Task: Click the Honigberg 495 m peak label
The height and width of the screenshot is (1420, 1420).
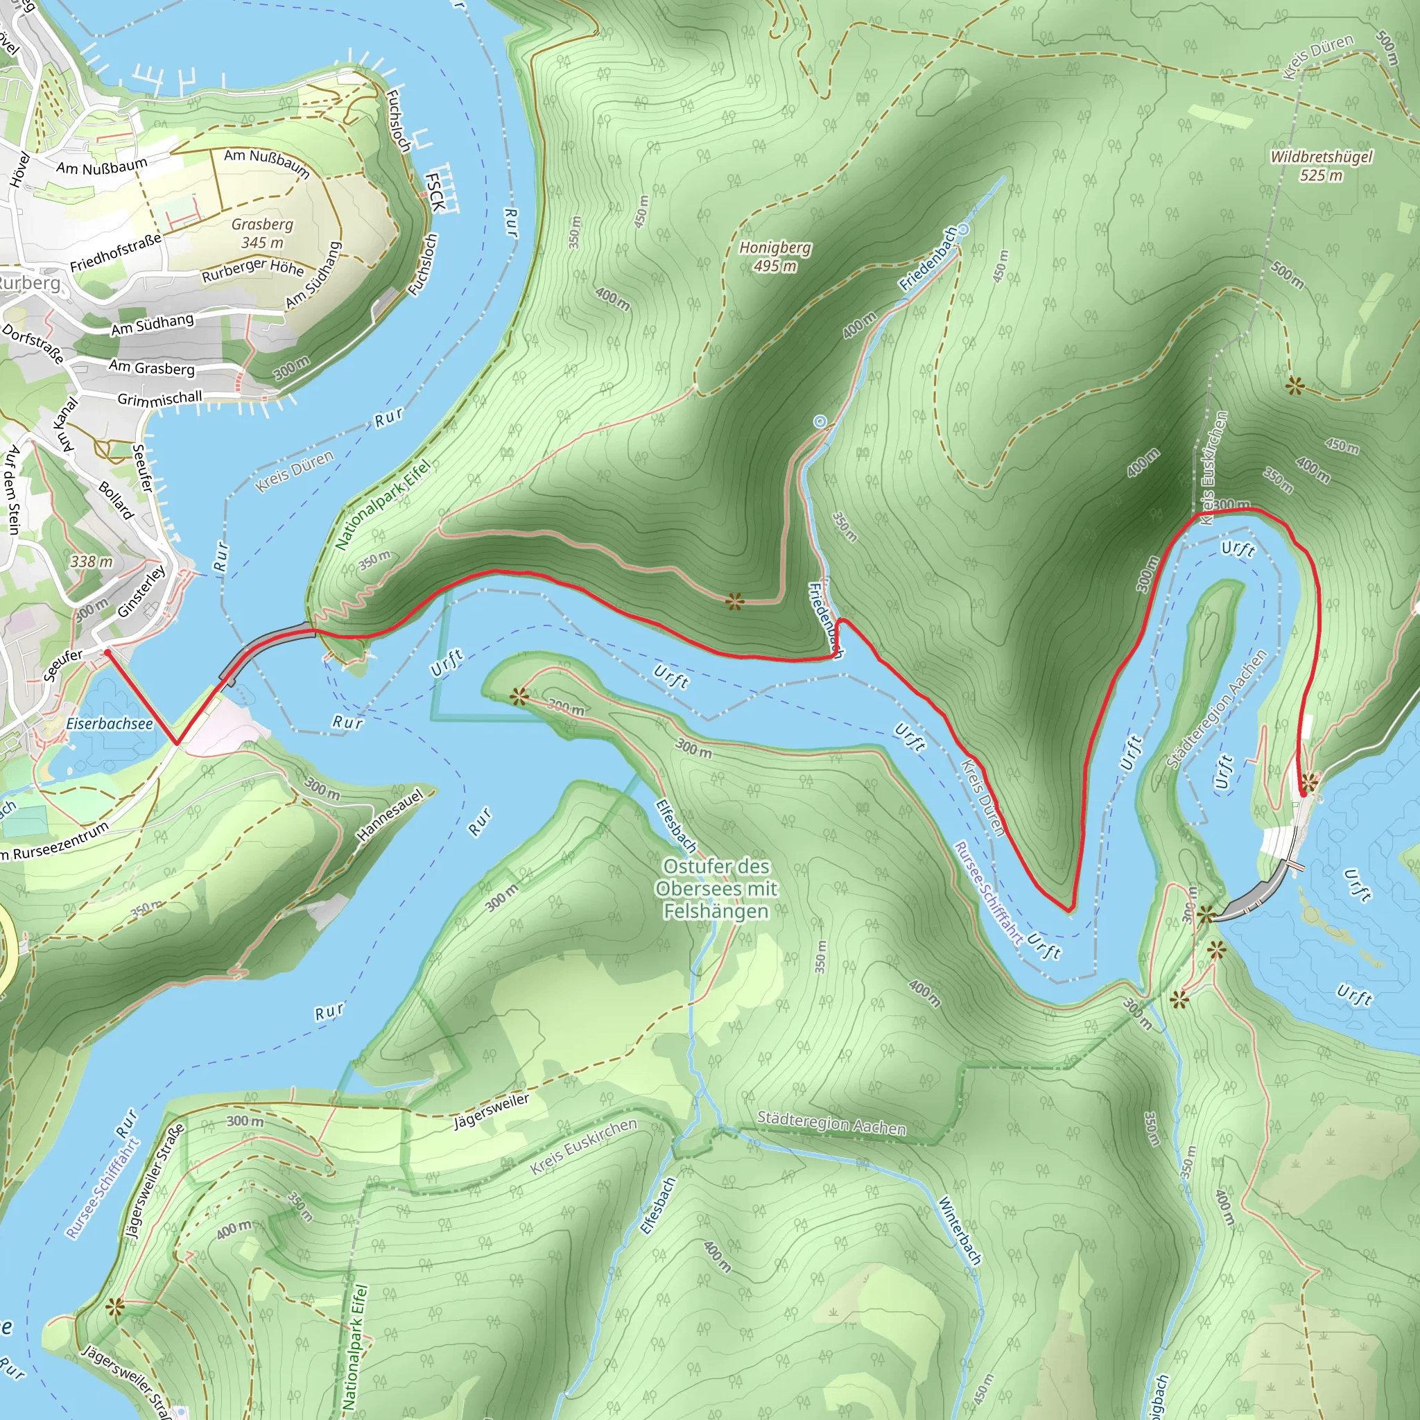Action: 774,257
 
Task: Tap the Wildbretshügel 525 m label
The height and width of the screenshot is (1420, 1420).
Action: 1321,166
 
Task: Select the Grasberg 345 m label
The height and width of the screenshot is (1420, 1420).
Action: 262,233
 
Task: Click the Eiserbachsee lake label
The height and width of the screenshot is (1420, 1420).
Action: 110,723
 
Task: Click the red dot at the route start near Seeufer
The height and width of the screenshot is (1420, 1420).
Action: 107,652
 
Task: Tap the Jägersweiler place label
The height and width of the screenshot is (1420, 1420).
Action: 491,1111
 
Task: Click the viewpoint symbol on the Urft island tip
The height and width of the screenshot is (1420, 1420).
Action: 519,696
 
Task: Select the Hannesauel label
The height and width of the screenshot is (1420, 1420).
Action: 390,815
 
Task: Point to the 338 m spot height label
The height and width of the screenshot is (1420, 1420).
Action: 92,562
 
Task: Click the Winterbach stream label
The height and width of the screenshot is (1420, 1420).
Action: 960,1229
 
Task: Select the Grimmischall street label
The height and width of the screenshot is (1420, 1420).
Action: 159,399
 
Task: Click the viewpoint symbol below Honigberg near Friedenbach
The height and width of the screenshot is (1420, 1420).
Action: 734,603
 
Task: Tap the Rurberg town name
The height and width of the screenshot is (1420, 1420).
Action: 29,283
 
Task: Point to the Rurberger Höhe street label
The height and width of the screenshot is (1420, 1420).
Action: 253,270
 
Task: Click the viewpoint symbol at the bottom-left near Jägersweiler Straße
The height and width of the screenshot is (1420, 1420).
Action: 114,1306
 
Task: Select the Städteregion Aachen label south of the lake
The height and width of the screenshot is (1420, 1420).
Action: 831,1123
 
